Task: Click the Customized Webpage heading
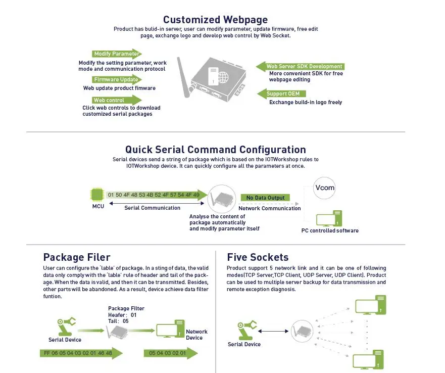pos(215,20)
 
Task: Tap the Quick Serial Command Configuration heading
pos(215,150)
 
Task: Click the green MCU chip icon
pos(97,195)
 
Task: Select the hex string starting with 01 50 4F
pos(154,195)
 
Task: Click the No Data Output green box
pos(265,198)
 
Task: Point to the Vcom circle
pos(325,188)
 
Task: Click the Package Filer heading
pos(77,257)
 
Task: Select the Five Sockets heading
pos(258,257)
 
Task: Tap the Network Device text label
pos(196,335)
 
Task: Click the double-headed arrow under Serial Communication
pos(152,204)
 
